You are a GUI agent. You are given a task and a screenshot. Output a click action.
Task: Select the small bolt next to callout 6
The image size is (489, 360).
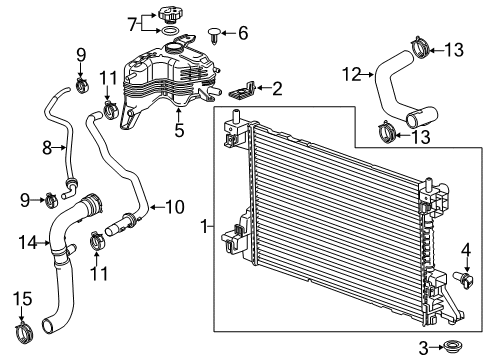point(215,35)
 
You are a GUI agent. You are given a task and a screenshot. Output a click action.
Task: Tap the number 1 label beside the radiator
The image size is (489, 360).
point(206,228)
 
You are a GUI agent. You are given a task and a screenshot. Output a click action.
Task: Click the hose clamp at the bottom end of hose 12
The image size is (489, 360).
point(385,129)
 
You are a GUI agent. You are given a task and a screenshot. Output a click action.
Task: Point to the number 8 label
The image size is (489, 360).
point(46,148)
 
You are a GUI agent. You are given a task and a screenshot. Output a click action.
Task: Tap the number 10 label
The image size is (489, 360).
point(174,207)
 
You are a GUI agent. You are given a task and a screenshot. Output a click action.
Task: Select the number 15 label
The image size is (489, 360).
point(22,297)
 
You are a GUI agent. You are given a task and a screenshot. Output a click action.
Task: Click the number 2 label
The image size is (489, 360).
point(275,89)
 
